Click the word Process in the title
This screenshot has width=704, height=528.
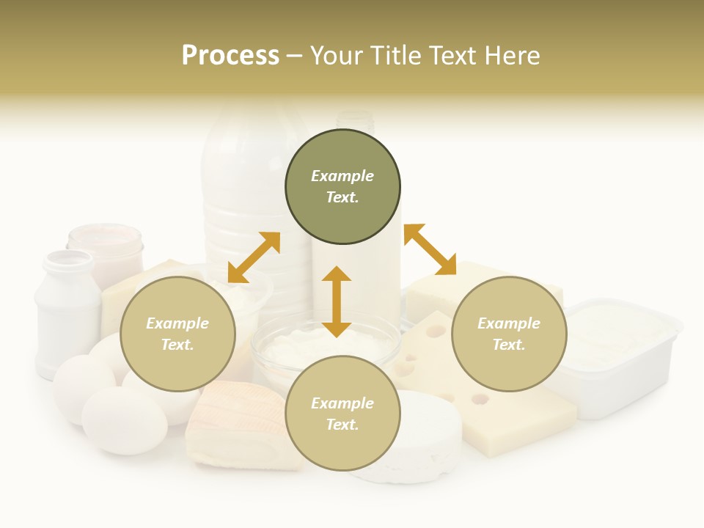230,56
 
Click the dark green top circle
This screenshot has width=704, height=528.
342,187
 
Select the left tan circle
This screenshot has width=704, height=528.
177,334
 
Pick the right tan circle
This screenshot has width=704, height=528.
509,334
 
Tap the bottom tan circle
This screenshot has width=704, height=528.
342,414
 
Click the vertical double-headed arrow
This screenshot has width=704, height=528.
337,301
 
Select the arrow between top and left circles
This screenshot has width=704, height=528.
254,257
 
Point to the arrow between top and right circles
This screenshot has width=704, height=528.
430,250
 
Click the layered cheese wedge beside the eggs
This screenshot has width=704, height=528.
235,425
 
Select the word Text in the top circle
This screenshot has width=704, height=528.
342,198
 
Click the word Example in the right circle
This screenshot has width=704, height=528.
509,323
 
